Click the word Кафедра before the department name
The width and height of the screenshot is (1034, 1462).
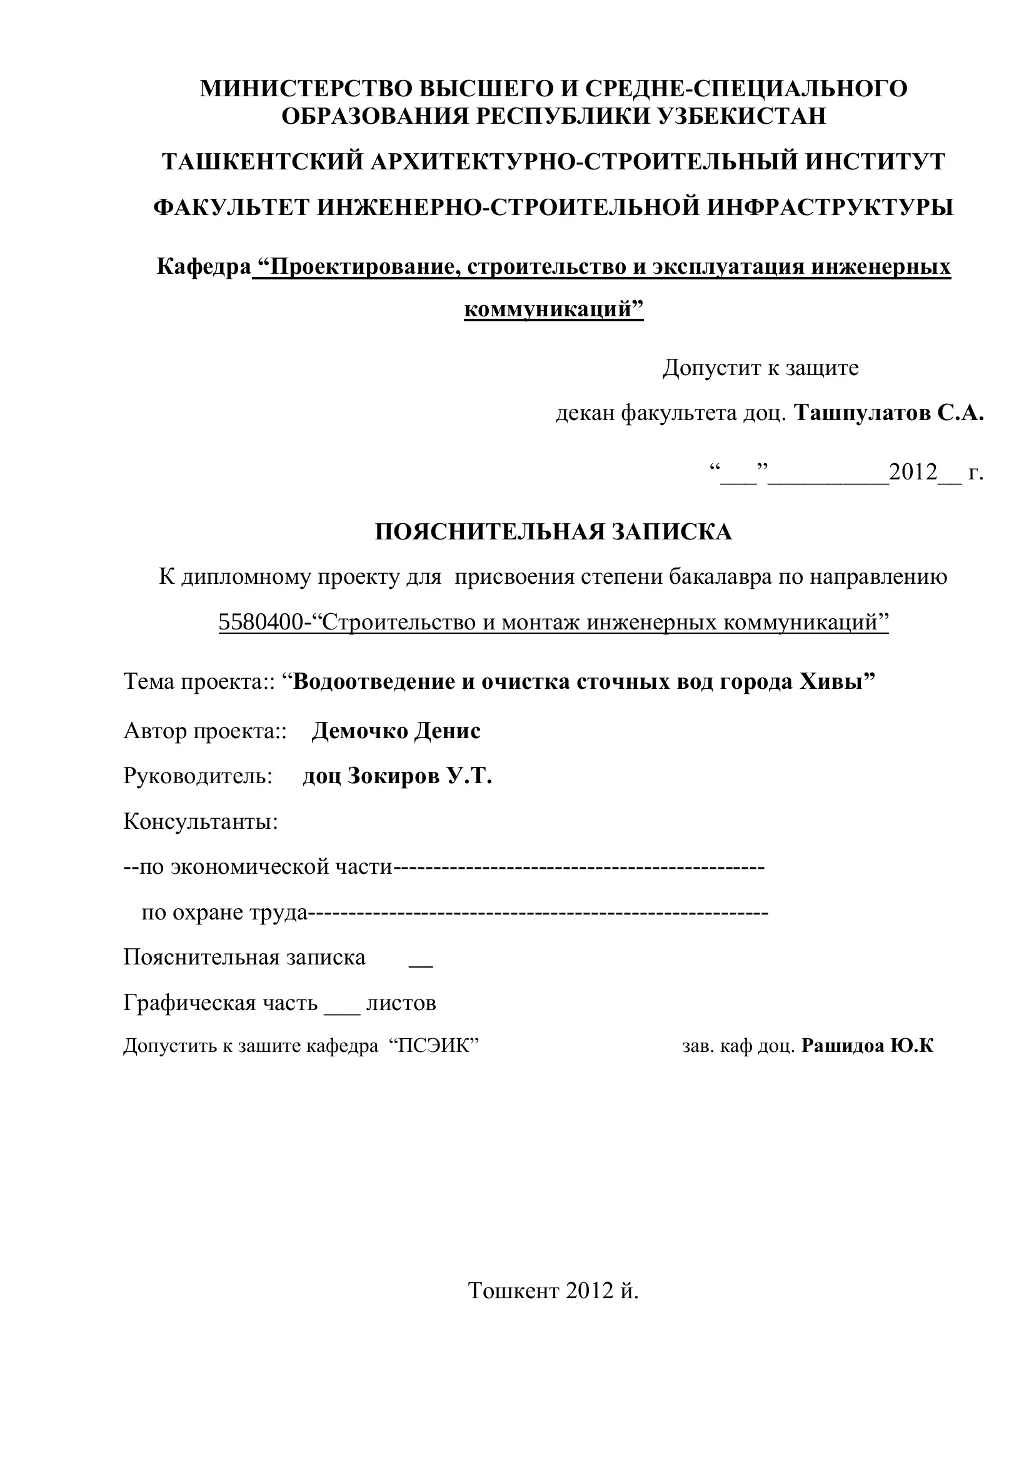coord(204,266)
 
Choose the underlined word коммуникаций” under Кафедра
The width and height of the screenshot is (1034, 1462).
coord(553,309)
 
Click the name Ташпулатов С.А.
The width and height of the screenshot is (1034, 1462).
coord(890,413)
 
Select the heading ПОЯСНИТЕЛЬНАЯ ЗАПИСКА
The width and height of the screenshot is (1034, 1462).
coord(553,532)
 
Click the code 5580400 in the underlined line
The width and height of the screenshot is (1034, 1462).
coord(261,622)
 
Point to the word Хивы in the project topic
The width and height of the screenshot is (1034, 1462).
coord(837,681)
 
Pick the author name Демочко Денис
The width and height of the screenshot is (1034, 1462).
coord(396,730)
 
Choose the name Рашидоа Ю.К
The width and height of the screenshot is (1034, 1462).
coord(867,1046)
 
